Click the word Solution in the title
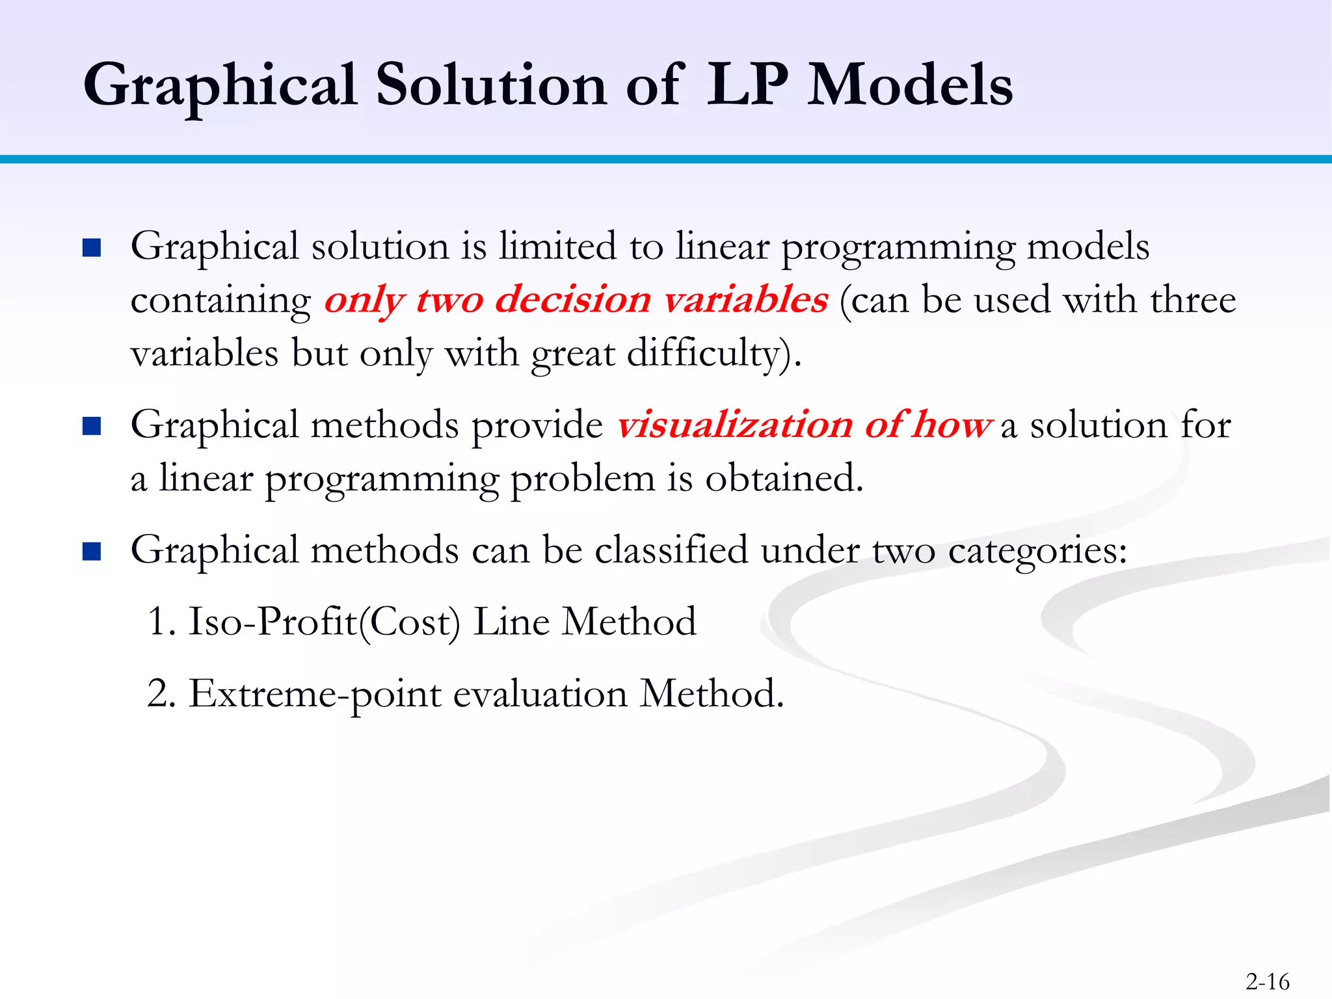tap(491, 86)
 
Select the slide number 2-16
tap(1267, 981)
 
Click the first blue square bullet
tap(92, 248)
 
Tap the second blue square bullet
tap(92, 426)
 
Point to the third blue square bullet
tap(92, 552)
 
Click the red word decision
tap(572, 300)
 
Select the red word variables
tap(745, 300)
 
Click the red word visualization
tap(734, 425)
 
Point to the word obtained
tap(783, 479)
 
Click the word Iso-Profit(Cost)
tap(324, 622)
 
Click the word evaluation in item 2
tap(540, 694)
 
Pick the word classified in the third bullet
tap(671, 550)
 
